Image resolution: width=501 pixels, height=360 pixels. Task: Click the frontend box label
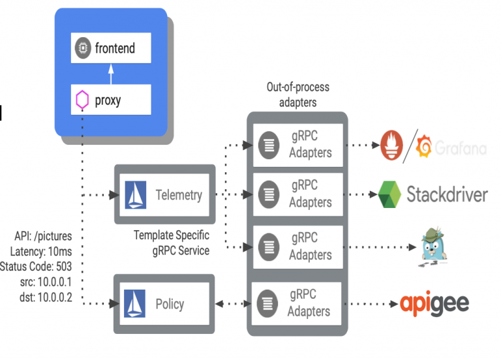pos(115,48)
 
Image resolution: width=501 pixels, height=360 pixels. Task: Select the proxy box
pos(111,100)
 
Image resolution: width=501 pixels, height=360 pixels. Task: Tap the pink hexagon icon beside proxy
pos(82,101)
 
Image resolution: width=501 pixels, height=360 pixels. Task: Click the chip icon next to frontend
pos(82,48)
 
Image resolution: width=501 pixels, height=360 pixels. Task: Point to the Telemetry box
pos(164,194)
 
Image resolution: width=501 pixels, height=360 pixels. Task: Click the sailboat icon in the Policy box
pos(136,304)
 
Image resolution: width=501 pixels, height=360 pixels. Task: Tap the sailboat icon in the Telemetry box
pos(136,194)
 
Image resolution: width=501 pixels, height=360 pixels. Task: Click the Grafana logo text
pos(460,149)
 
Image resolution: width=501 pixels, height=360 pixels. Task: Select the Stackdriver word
pos(447,194)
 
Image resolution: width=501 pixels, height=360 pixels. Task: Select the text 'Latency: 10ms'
pos(41,251)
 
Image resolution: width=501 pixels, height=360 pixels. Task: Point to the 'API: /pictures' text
pos(43,236)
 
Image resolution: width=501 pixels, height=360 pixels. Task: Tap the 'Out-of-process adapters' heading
pos(297,94)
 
